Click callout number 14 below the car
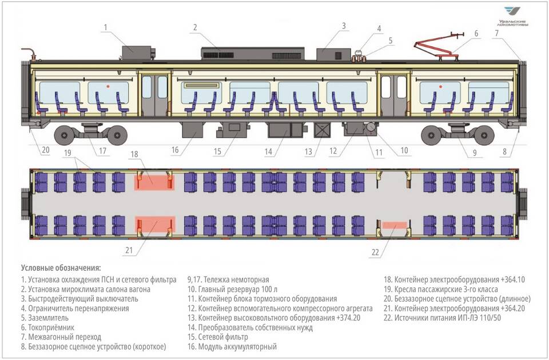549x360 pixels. [x=268, y=151]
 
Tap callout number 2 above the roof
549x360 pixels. [x=196, y=27]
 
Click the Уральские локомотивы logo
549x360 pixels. [x=512, y=17]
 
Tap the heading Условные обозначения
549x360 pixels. [x=61, y=268]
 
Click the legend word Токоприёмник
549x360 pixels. [x=51, y=327]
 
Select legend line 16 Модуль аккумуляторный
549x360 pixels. [x=232, y=346]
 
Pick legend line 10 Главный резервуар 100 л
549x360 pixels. [x=233, y=289]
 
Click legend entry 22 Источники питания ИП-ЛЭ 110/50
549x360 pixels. [x=442, y=318]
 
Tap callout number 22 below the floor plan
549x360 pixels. [x=375, y=252]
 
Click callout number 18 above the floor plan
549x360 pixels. [x=134, y=154]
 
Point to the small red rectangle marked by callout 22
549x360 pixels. [x=395, y=225]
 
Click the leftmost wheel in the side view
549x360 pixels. [x=64, y=135]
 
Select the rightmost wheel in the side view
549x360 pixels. [x=484, y=135]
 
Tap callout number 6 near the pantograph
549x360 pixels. [x=476, y=34]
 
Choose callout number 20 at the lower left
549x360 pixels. [x=46, y=150]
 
